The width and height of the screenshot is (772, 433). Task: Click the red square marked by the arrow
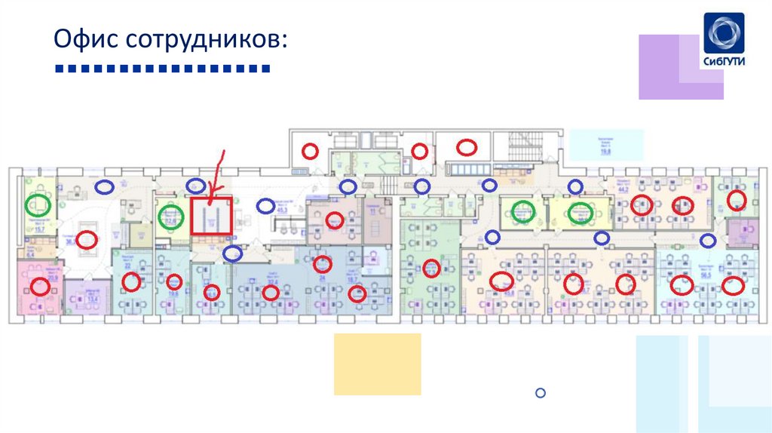click(x=211, y=216)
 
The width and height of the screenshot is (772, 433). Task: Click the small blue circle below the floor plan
click(x=540, y=392)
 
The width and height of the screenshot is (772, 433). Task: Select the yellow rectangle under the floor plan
click(x=377, y=364)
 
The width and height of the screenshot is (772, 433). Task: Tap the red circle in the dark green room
click(x=431, y=267)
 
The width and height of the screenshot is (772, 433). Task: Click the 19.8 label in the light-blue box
click(x=605, y=152)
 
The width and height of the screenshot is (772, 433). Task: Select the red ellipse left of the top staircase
click(x=467, y=147)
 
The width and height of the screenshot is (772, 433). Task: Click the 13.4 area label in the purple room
click(x=93, y=299)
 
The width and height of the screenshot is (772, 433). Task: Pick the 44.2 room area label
click(x=623, y=189)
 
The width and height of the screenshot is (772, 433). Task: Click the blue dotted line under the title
click(x=163, y=70)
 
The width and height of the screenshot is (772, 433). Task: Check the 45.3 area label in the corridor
click(x=280, y=212)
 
